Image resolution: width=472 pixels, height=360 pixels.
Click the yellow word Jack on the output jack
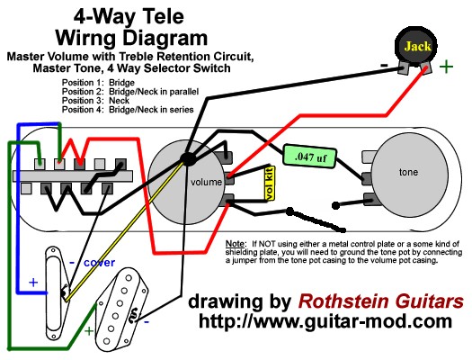tap(417, 47)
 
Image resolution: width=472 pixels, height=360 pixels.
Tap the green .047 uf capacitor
tap(309, 157)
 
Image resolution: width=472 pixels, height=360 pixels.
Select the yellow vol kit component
tap(269, 183)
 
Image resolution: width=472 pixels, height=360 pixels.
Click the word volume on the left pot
tap(206, 182)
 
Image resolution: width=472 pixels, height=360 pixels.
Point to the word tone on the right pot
tap(408, 172)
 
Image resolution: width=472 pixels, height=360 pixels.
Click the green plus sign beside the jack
tap(446, 67)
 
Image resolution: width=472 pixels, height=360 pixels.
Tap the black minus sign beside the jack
tap(384, 65)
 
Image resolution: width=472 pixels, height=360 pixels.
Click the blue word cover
tap(99, 263)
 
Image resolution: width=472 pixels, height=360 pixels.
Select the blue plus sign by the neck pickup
tap(33, 283)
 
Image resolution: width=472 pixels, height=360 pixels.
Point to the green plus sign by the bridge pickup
tap(89, 331)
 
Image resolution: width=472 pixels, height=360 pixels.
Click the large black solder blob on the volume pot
tap(188, 158)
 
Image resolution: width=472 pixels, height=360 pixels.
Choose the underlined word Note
tap(236, 243)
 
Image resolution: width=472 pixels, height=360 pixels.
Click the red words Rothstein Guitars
tap(380, 301)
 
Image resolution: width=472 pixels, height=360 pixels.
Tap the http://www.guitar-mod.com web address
tap(325, 321)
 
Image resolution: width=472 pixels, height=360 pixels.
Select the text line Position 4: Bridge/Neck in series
tap(128, 110)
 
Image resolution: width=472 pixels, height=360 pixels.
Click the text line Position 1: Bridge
tap(98, 83)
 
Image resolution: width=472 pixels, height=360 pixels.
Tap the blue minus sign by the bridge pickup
tap(147, 322)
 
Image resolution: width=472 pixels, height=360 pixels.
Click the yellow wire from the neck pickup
tap(125, 231)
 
